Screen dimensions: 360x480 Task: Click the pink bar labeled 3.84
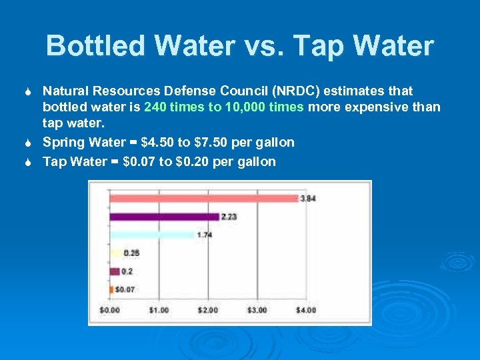[203, 199]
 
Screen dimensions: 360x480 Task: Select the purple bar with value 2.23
[164, 217]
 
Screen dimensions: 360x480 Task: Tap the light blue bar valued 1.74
[152, 235]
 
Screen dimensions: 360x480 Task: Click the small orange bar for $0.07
[111, 289]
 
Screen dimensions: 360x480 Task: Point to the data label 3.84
[308, 199]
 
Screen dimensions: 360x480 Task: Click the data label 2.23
[229, 217]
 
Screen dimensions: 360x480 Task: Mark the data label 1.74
[204, 235]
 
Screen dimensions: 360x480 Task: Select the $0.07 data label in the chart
[125, 289]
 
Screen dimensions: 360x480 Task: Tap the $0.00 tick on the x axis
[110, 310]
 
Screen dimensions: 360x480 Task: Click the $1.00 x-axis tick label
[159, 310]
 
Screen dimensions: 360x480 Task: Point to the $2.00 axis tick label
[208, 310]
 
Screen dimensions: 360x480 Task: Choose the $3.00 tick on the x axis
[257, 310]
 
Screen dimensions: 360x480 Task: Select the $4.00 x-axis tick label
[306, 310]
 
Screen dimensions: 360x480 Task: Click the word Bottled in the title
[93, 46]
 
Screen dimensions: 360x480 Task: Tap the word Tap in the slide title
[316, 46]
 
